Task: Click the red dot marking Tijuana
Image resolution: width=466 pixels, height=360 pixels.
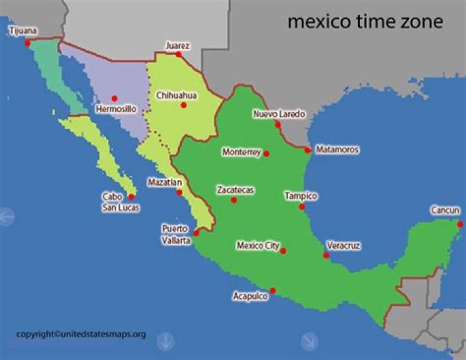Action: (28, 43)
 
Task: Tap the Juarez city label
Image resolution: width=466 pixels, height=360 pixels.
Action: (177, 45)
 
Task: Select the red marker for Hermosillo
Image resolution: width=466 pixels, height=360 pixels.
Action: (115, 98)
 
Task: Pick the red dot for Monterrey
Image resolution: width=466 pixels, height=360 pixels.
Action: (266, 153)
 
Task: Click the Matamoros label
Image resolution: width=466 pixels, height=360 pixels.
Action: (337, 150)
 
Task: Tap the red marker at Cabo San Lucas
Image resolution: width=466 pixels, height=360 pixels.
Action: (131, 196)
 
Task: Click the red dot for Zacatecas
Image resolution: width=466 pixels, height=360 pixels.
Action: (234, 200)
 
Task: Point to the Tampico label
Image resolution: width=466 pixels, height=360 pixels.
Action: (301, 195)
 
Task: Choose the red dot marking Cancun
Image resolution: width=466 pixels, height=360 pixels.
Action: (460, 224)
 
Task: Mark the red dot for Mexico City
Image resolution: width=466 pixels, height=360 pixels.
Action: (283, 251)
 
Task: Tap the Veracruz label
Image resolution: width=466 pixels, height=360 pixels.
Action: (343, 246)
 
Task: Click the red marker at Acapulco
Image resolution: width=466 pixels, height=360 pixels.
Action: (272, 290)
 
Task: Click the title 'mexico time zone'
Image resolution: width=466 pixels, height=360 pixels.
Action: (365, 22)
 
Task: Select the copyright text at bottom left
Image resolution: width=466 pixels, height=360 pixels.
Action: (81, 334)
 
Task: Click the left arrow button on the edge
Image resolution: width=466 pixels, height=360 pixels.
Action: (6, 216)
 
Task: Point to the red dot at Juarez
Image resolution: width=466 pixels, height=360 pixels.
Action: (178, 55)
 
